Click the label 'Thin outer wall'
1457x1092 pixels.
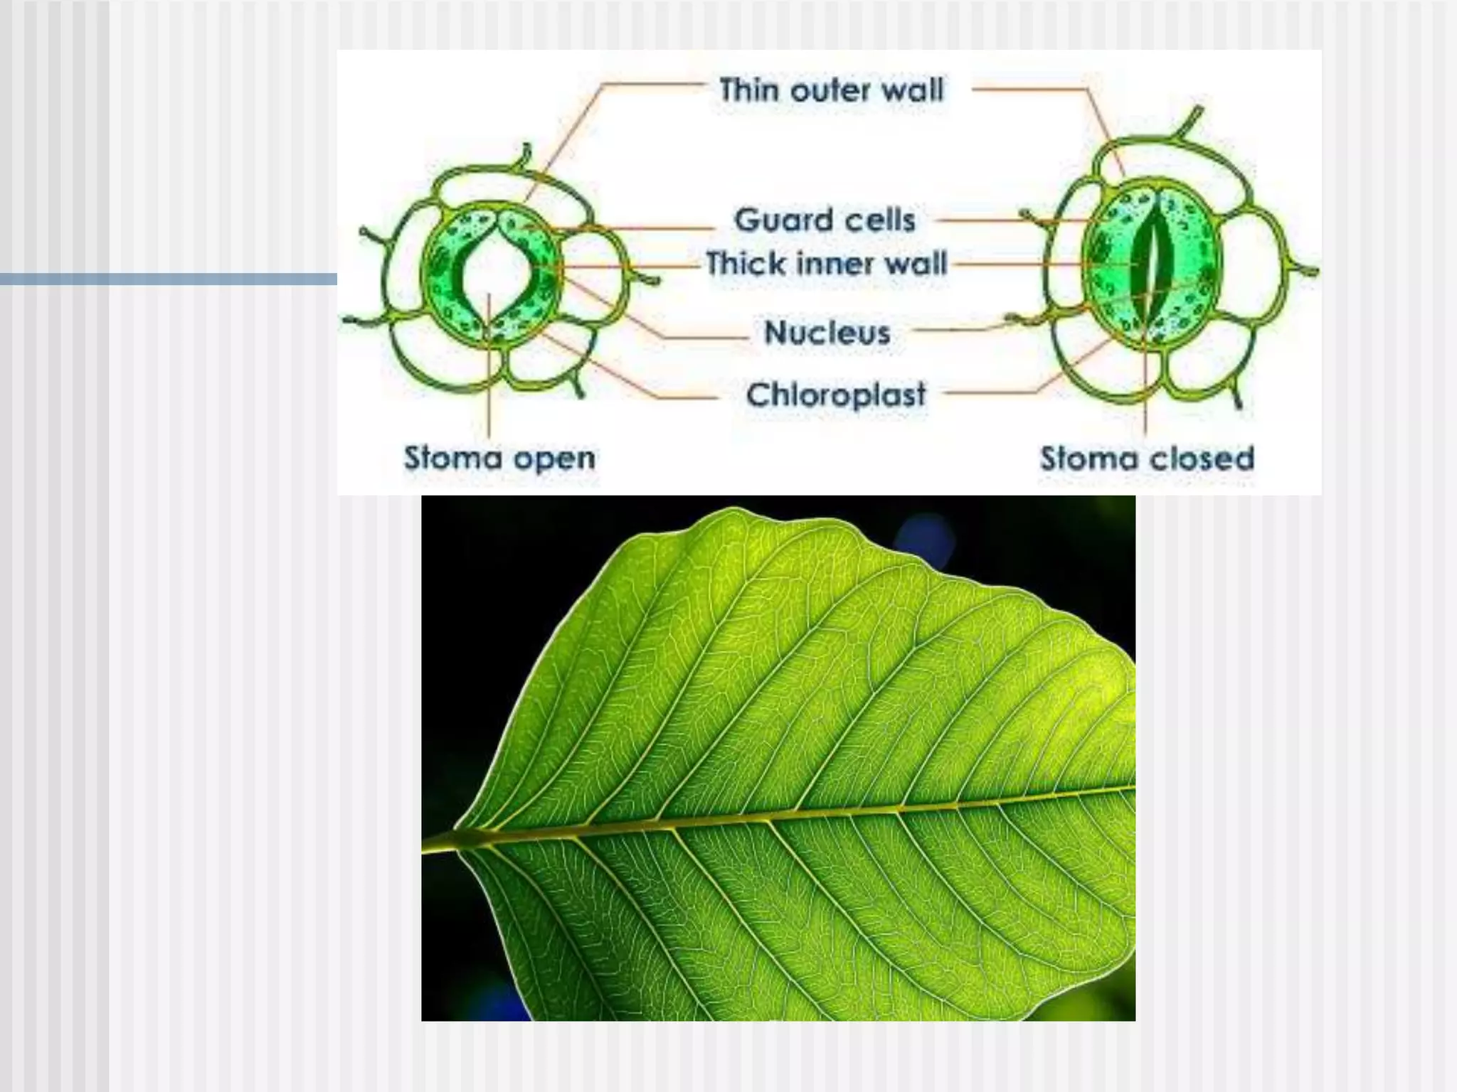tap(831, 91)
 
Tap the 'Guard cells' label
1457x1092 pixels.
tap(825, 220)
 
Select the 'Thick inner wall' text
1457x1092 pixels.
tap(826, 264)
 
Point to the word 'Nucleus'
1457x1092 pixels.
tap(827, 333)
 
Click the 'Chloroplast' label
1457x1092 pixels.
tap(836, 395)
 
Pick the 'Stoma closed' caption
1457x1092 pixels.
tap(1147, 459)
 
